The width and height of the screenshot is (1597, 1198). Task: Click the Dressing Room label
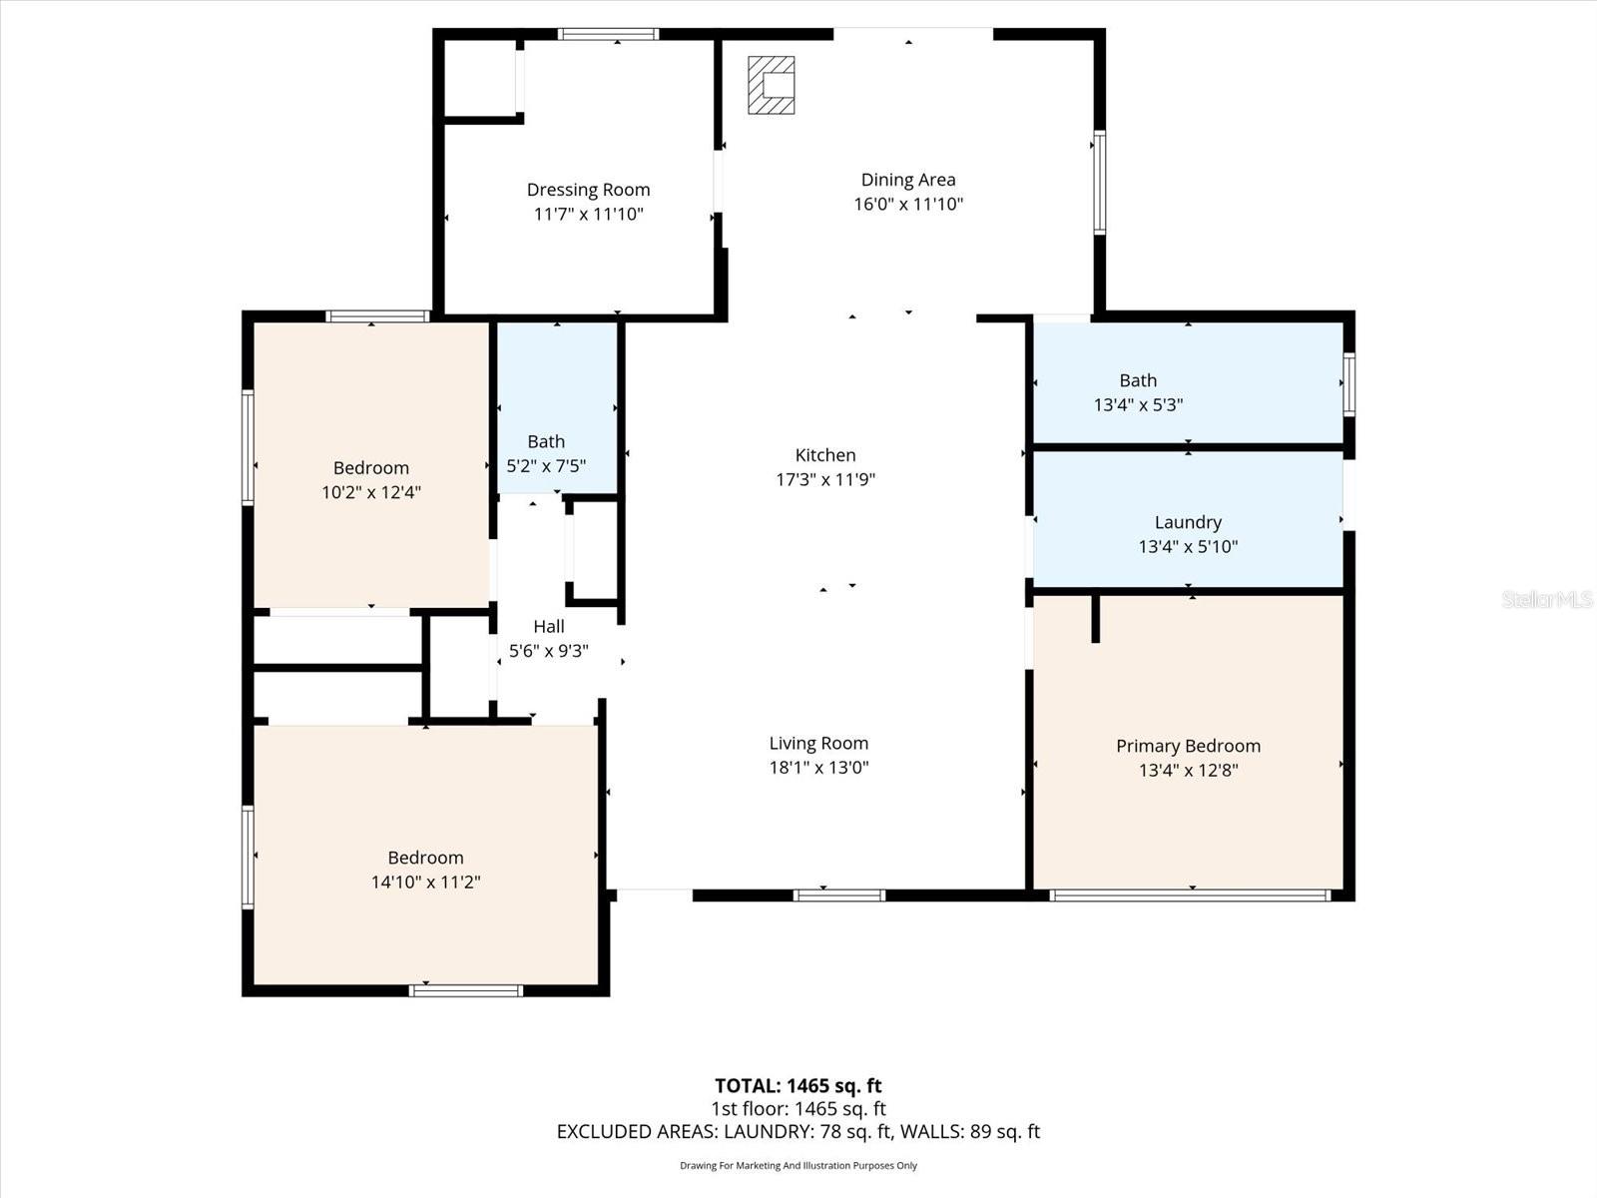click(588, 190)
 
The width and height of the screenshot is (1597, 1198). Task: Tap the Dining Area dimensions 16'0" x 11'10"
click(907, 205)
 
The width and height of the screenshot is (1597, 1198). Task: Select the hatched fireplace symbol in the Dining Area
click(772, 85)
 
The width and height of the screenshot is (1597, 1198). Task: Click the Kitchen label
click(825, 455)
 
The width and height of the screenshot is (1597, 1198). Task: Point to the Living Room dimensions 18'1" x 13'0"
click(818, 768)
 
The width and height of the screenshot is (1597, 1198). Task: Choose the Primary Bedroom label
click(1188, 746)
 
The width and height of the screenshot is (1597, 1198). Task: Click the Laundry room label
click(1188, 522)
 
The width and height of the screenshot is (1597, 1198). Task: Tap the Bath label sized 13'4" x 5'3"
click(1138, 380)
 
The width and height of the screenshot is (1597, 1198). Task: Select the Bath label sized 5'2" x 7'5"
click(546, 441)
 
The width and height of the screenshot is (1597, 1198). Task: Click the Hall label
click(548, 627)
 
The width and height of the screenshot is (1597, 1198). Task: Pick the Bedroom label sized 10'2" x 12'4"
click(371, 468)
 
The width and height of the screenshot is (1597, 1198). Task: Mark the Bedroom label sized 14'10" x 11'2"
click(425, 858)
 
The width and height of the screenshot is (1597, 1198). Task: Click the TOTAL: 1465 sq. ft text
click(798, 1085)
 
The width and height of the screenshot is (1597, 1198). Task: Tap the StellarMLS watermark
click(1546, 599)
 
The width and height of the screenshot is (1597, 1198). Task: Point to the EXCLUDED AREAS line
click(798, 1131)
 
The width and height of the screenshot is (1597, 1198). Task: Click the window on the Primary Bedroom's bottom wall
click(1190, 896)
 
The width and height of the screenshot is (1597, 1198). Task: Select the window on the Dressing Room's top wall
click(608, 34)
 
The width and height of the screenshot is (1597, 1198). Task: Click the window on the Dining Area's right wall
click(1099, 182)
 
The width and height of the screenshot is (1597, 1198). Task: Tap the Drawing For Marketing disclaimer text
click(798, 1165)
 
